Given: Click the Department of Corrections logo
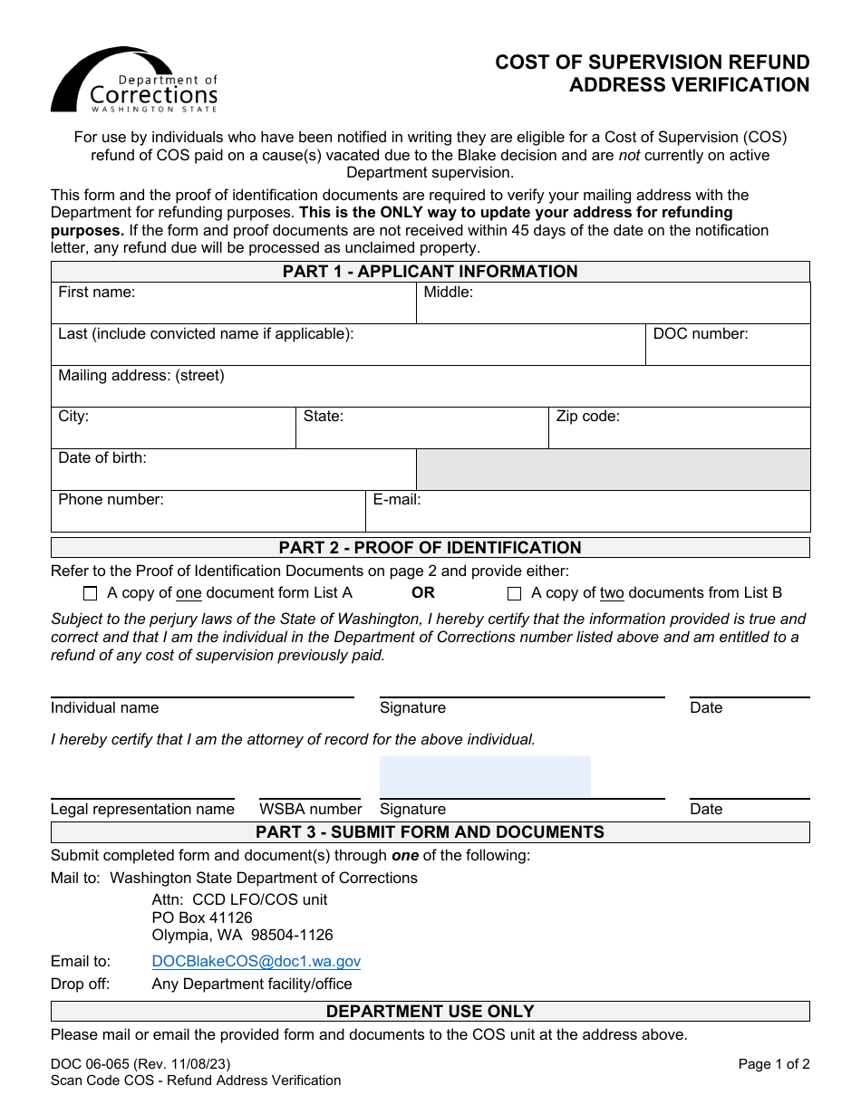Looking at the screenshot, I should tap(134, 81).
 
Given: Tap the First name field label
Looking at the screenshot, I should tap(97, 293).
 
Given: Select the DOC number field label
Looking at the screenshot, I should tap(701, 334).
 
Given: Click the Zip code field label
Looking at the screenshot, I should tap(588, 417).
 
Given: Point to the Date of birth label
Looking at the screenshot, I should tap(102, 458).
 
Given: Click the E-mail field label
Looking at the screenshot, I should tap(397, 500).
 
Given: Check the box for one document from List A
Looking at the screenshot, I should tap(90, 594).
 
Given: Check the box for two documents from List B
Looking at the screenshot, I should tap(515, 594).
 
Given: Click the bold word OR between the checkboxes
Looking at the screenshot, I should tap(423, 593).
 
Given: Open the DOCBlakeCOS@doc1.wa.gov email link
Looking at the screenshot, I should tap(256, 962).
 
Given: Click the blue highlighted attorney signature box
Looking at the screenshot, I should tap(485, 777).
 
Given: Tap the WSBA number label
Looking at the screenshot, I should tap(311, 810).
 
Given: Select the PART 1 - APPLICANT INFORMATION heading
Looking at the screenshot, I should tap(430, 272).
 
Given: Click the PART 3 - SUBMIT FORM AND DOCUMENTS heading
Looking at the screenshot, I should tap(430, 832).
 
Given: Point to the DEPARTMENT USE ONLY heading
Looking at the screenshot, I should tap(430, 1012).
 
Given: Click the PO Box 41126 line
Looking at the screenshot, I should tap(202, 918).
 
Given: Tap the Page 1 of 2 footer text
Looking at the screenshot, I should tap(774, 1065).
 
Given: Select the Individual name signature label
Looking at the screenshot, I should tap(105, 708).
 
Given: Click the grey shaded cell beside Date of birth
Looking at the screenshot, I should tap(613, 470).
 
